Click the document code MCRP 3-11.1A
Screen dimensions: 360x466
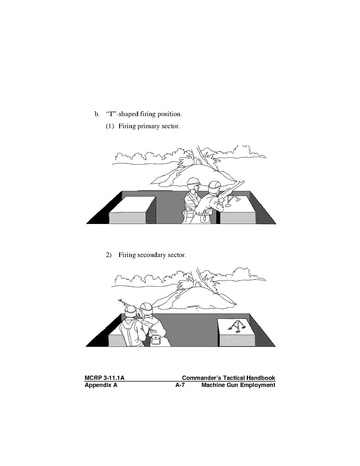(105, 378)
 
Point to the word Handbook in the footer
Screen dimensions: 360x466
(261, 378)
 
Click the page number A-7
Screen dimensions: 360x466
(180, 385)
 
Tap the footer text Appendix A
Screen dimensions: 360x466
(101, 385)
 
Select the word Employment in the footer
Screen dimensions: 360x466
(258, 385)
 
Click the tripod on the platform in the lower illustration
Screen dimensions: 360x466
(237, 326)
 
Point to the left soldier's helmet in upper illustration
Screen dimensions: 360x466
(193, 182)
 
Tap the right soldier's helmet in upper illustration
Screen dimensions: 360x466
(214, 186)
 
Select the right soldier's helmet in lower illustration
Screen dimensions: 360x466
(146, 307)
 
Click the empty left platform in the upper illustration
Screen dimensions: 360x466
(133, 210)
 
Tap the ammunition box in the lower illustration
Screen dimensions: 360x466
(156, 340)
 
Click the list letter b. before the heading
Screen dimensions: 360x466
(97, 114)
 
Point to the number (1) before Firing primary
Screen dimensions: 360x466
(110, 126)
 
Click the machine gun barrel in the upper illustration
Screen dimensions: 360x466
(232, 189)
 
